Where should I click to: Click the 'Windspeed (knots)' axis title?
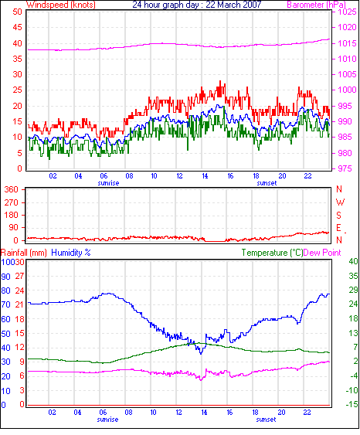point(61,5)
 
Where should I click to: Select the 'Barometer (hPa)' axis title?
point(317,5)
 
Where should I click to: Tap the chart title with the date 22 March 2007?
point(197,5)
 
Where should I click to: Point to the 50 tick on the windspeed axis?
point(17,12)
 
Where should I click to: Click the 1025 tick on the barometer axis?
point(347,12)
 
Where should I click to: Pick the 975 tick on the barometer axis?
point(345,168)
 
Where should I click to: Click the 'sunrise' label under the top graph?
point(108,183)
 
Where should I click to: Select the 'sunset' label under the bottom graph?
point(266,420)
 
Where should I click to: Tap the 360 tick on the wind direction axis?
point(12,190)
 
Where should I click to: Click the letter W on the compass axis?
point(340,202)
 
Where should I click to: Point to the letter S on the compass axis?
point(338,215)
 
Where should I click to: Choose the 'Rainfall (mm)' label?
point(24,253)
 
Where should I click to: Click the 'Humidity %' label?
point(71,253)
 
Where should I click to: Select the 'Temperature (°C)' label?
point(272,253)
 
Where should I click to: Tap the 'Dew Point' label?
point(322,253)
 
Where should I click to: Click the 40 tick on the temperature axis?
point(353,261)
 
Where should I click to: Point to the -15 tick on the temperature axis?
point(352,405)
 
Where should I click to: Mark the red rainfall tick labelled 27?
point(19,276)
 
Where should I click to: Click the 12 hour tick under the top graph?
point(179,176)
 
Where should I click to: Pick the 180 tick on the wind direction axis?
point(12,215)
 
